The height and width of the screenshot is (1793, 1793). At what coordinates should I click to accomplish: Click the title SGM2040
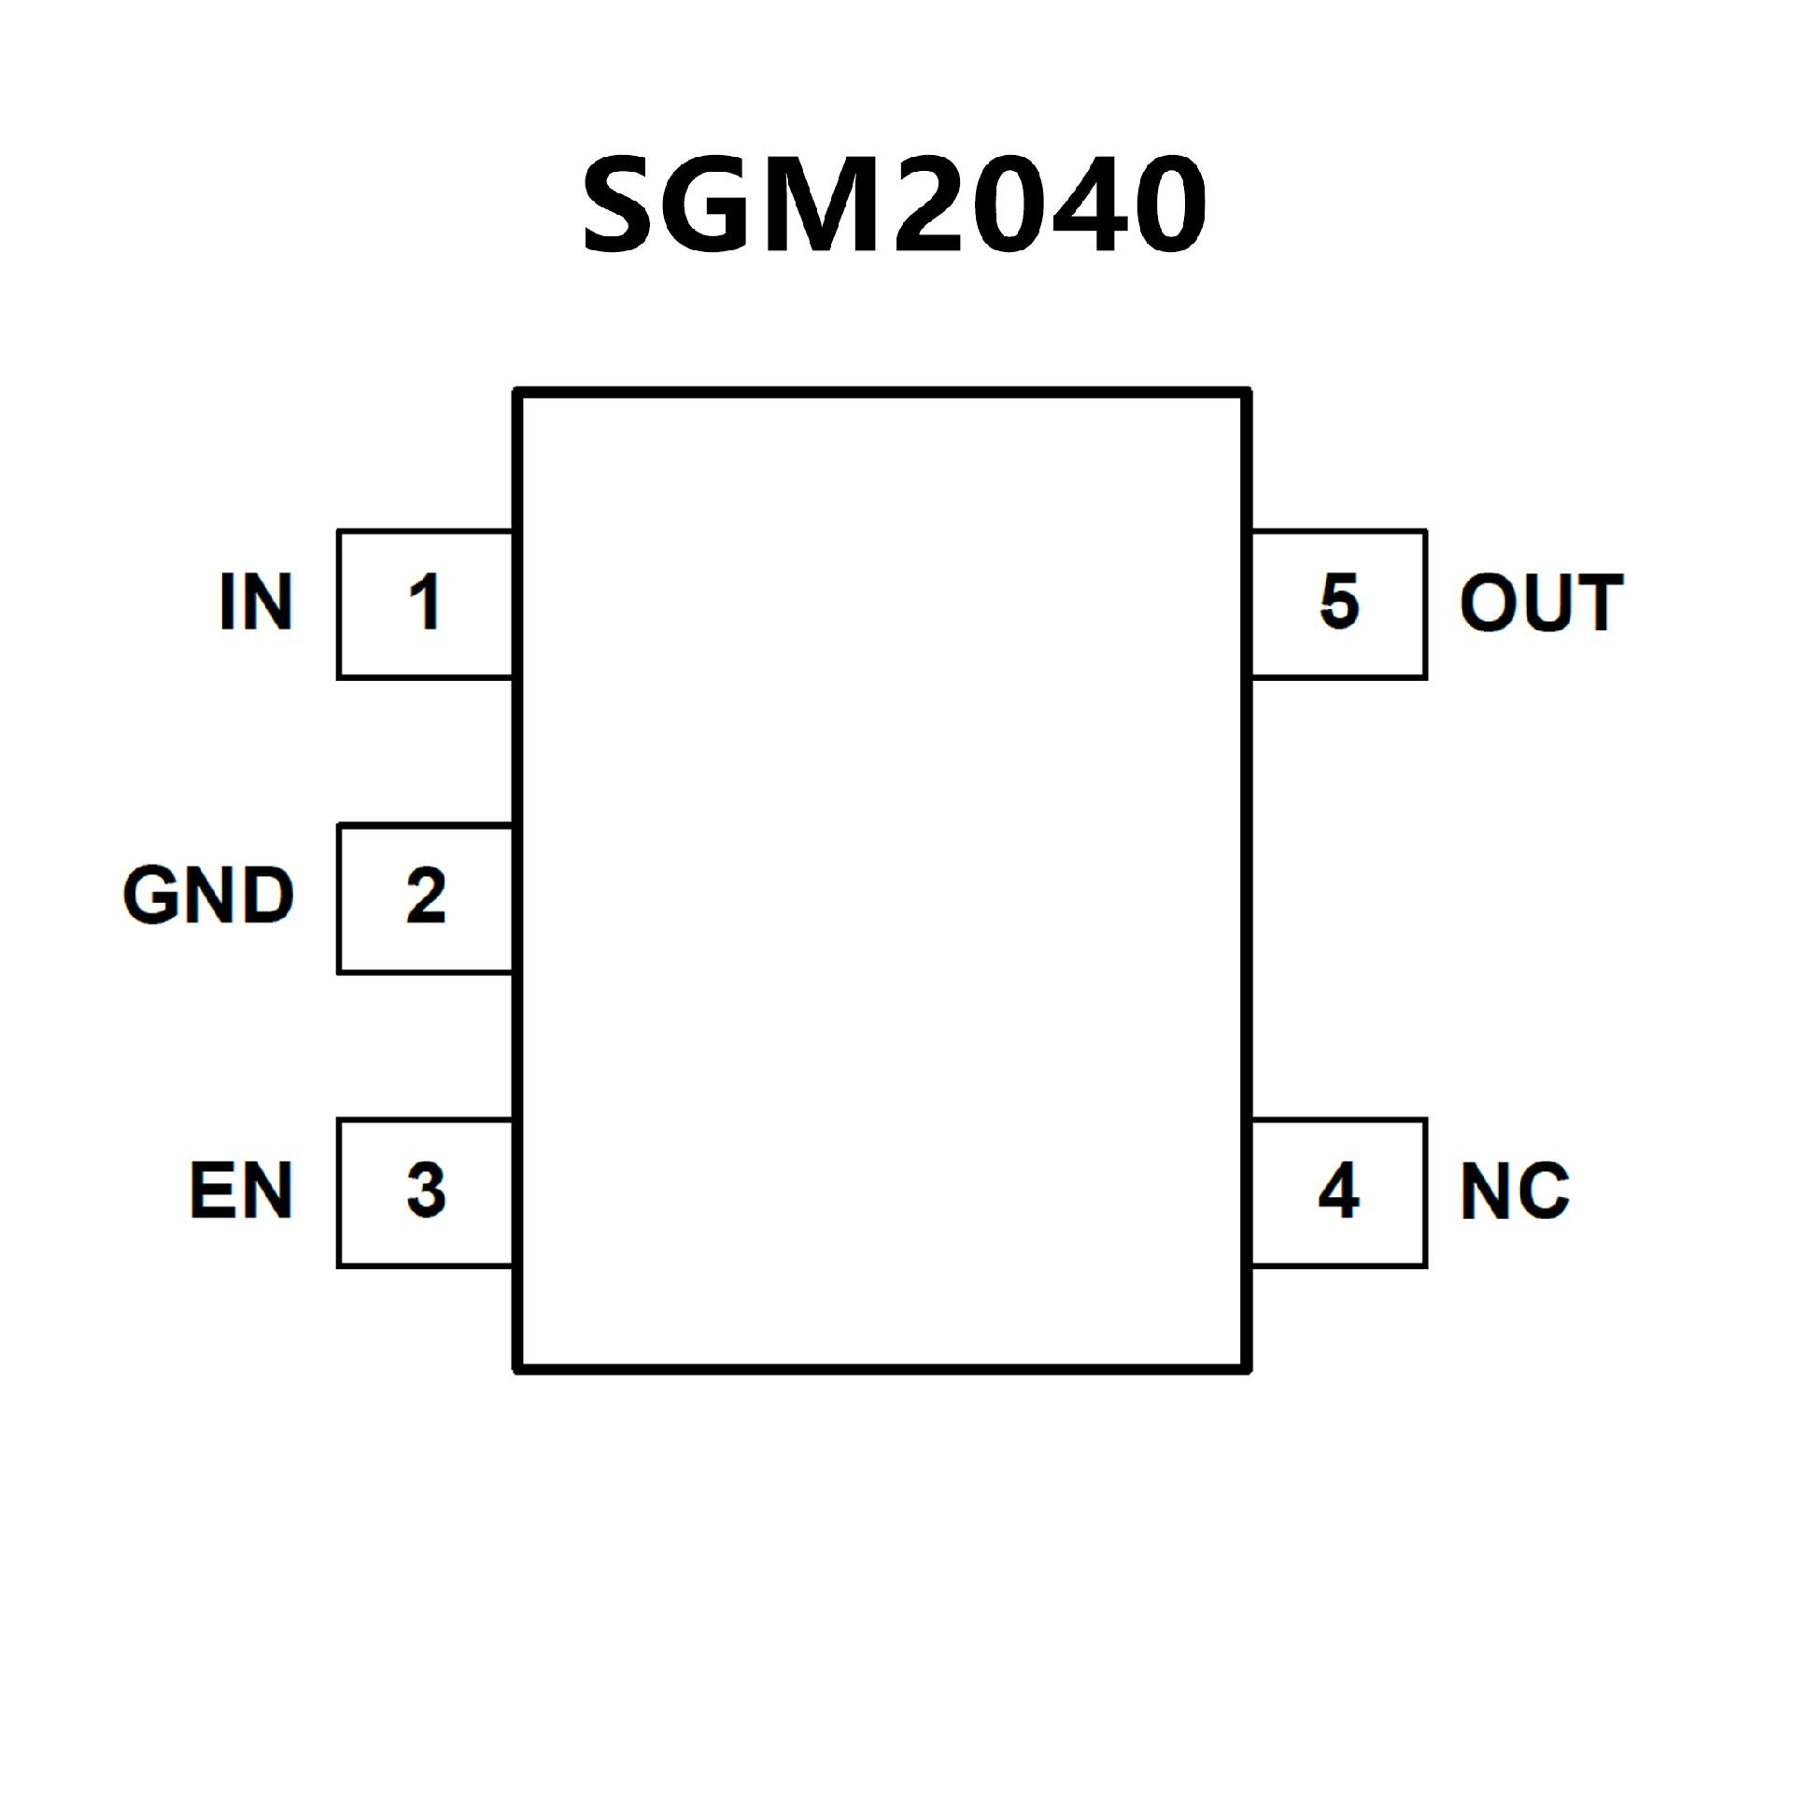[x=895, y=204]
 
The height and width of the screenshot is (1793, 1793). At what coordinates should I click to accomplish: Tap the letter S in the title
[x=616, y=204]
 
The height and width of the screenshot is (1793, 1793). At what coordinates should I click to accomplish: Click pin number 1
[x=425, y=602]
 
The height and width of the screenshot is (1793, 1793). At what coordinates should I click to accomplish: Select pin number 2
[x=426, y=896]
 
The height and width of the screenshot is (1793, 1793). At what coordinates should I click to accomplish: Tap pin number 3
[x=426, y=1191]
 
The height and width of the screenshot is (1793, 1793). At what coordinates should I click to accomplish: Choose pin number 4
[x=1338, y=1191]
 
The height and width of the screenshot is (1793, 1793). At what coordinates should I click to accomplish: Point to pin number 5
[x=1339, y=602]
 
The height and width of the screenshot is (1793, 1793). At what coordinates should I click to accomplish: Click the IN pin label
[x=256, y=602]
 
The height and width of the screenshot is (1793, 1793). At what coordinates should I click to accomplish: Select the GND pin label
[x=208, y=896]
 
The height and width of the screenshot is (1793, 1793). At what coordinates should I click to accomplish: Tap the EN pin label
[x=241, y=1191]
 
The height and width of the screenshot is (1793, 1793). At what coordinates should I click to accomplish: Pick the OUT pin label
[x=1541, y=602]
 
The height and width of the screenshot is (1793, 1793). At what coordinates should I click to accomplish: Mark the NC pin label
[x=1515, y=1191]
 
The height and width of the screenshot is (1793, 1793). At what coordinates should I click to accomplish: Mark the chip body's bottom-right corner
[x=1247, y=1369]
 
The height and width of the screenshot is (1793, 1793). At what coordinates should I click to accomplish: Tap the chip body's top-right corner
[x=1247, y=393]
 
